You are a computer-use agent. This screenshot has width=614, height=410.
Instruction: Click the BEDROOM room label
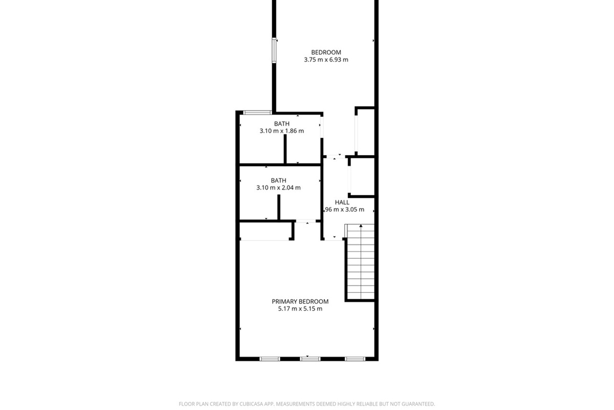tap(326, 52)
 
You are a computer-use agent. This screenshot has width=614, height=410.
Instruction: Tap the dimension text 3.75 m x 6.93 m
tap(326, 60)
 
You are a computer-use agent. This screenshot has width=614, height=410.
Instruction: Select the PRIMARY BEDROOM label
tap(300, 301)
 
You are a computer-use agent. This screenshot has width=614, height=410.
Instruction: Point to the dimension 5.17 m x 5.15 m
tap(300, 309)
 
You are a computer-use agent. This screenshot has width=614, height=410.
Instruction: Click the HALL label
tap(342, 202)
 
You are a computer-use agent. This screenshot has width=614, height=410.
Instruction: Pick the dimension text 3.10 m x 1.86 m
tap(281, 131)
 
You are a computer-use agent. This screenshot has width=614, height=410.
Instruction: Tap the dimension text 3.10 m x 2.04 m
tap(278, 188)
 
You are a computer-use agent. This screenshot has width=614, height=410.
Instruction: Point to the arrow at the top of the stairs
tap(361, 225)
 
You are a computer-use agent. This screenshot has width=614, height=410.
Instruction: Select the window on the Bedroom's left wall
tap(274, 50)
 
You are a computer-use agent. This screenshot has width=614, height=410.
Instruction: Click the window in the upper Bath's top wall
tap(257, 112)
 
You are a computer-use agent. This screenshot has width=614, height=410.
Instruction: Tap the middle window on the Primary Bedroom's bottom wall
tap(310, 359)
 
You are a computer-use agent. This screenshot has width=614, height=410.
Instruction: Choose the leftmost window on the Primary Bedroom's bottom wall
tap(270, 359)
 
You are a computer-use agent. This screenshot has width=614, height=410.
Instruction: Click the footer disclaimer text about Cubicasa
tap(307, 404)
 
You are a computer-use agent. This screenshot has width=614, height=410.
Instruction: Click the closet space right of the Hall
tap(362, 177)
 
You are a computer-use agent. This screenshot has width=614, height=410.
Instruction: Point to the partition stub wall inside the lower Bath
tap(279, 207)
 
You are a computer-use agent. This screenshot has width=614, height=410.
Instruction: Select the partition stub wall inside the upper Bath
tap(285, 149)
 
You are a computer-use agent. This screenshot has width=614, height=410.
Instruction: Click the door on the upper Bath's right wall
tap(321, 128)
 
